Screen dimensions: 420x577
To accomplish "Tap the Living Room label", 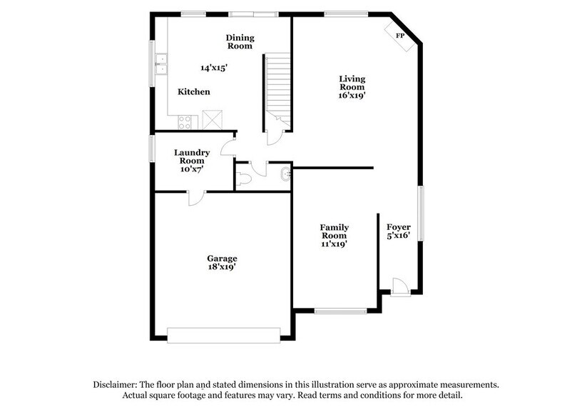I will [352, 82].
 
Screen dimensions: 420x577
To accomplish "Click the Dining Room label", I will [240, 41].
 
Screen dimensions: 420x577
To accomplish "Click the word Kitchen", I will [193, 92].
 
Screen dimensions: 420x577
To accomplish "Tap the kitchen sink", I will [161, 64].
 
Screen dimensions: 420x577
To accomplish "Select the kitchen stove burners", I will [185, 121].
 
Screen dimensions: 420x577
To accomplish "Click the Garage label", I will [222, 259].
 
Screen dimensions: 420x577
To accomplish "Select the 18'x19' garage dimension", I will [222, 267].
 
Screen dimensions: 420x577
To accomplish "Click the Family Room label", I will [334, 231].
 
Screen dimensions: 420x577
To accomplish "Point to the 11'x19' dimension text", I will [334, 244].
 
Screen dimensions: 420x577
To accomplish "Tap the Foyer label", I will [399, 227].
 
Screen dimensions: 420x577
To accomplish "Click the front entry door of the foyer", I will [400, 287].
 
